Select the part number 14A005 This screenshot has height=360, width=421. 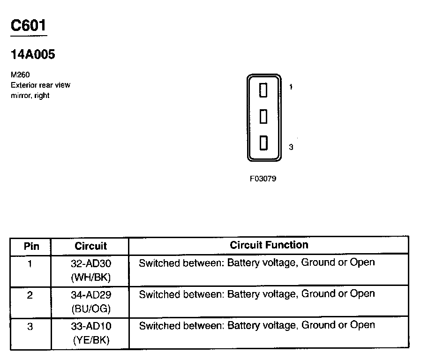[x=33, y=55]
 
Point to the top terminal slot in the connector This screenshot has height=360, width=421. [x=263, y=90]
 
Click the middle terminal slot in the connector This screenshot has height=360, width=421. [x=263, y=116]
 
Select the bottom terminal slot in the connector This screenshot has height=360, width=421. [x=263, y=143]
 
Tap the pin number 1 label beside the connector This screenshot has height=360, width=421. [x=291, y=87]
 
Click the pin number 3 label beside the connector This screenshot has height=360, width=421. [x=291, y=147]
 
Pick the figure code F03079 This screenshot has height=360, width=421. [x=263, y=179]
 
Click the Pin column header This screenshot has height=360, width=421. [x=31, y=246]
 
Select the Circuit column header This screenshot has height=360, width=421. [x=90, y=246]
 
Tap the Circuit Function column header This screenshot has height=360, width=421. [x=269, y=245]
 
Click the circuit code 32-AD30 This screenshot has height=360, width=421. [x=91, y=263]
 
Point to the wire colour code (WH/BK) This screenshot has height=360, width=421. [x=91, y=277]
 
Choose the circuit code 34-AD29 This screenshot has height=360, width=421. [x=91, y=295]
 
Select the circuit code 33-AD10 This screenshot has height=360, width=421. [x=91, y=326]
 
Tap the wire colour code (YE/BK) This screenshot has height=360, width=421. [x=91, y=340]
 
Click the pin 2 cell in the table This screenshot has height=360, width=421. [x=30, y=295]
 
